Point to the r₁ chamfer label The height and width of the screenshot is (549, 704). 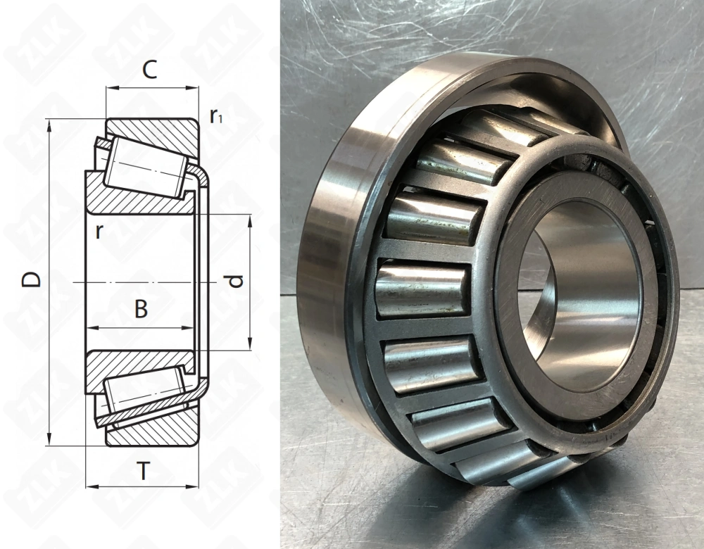click(x=216, y=117)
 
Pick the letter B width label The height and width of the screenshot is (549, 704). click(x=141, y=308)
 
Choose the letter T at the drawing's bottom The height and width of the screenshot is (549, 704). click(x=143, y=470)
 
